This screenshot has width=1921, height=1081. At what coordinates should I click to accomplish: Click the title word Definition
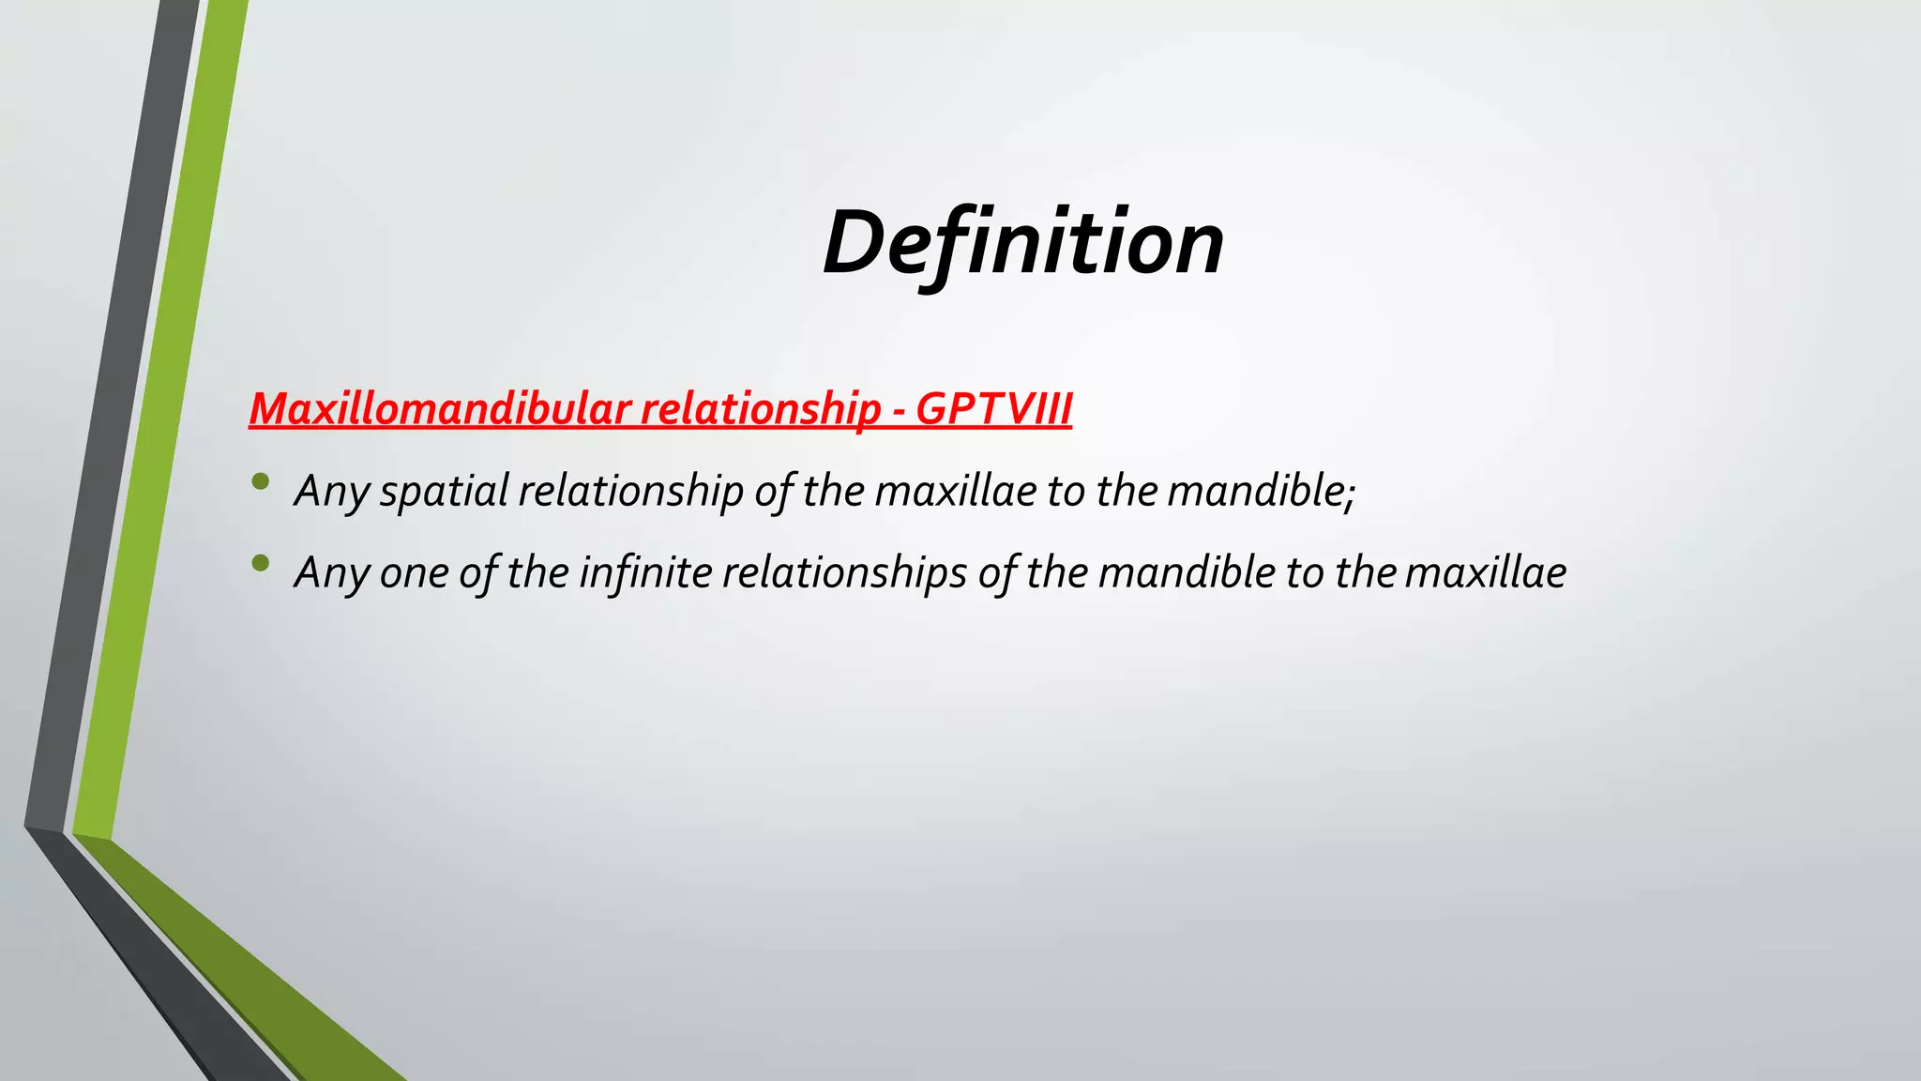1022,243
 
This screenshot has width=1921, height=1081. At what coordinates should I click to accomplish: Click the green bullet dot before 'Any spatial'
261,482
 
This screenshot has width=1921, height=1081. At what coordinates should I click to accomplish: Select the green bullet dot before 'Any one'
261,563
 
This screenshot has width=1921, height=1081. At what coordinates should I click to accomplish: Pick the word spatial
444,491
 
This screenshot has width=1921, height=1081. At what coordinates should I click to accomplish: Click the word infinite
645,572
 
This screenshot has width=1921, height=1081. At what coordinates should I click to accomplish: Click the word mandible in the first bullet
1254,491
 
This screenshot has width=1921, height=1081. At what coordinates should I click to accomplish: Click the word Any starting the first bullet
330,491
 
